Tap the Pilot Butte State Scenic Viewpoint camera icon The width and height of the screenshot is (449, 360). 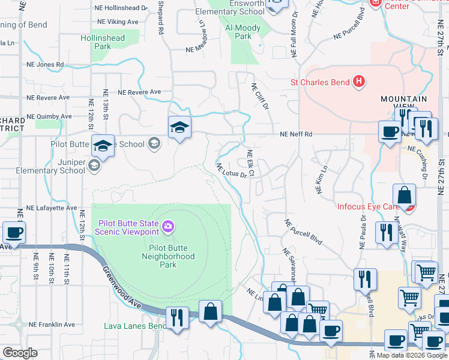(169, 226)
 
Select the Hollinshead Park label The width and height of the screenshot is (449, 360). (103, 42)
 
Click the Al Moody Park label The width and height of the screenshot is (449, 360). (243, 32)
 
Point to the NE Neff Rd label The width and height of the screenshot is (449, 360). (297, 134)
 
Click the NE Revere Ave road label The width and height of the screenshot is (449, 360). (140, 92)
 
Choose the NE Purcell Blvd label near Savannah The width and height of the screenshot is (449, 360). (303, 230)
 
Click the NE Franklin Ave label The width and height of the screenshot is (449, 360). (53, 324)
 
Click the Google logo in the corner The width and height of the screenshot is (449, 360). (20, 352)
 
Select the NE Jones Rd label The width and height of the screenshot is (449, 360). (45, 64)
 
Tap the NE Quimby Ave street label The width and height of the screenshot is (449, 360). (50, 116)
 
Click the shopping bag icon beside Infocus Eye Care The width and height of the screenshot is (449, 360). (405, 196)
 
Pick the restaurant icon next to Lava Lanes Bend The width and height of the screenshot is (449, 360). (176, 317)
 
